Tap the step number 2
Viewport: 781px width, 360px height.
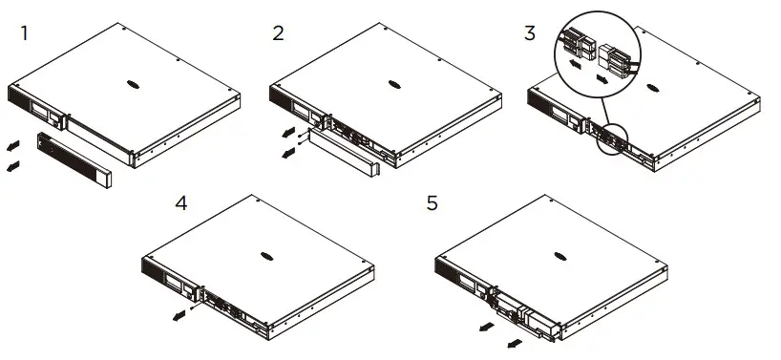(278, 33)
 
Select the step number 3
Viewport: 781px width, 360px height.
(530, 33)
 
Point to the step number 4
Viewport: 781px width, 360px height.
(182, 203)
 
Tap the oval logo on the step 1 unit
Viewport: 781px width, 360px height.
(142, 83)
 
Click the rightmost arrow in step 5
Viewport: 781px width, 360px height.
(515, 341)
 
